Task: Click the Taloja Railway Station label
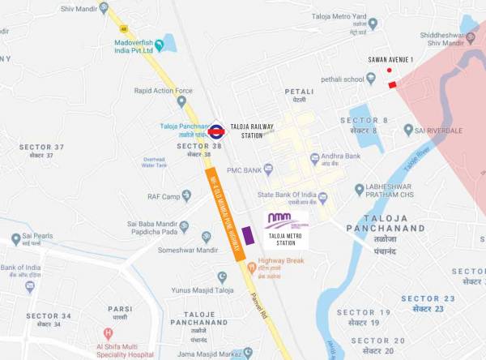click(x=252, y=131)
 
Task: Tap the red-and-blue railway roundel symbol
click(x=217, y=131)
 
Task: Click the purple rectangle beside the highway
click(x=248, y=236)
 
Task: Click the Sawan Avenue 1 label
click(x=390, y=60)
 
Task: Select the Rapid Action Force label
click(x=164, y=91)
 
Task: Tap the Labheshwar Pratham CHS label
click(x=401, y=190)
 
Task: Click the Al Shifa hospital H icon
click(x=108, y=332)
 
